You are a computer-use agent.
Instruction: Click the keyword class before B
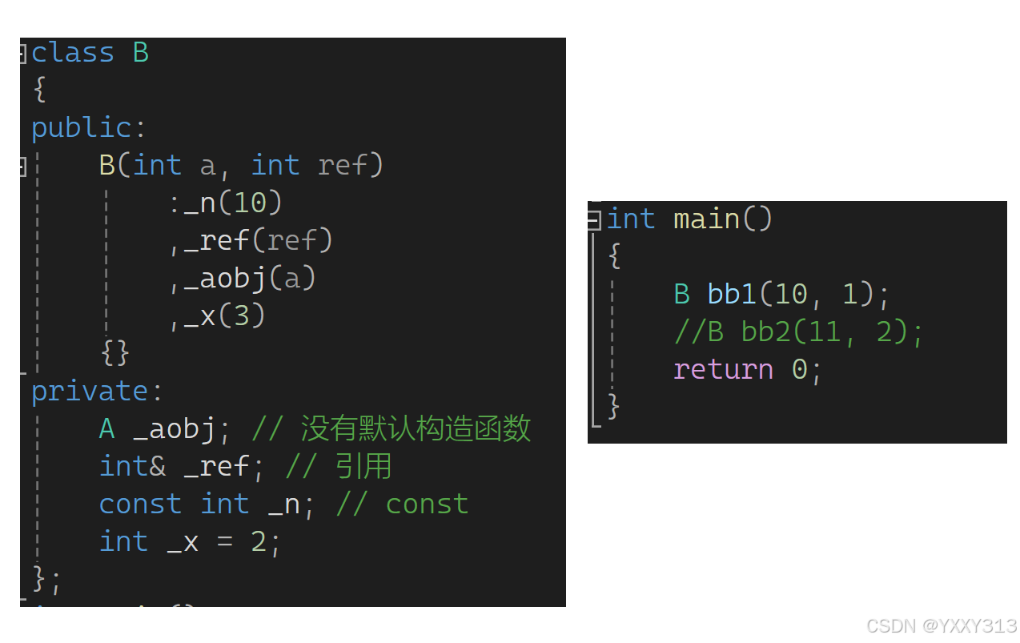(72, 53)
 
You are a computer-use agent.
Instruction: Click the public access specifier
(80, 128)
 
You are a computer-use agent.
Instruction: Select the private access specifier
(89, 392)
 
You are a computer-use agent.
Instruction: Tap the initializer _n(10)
(233, 203)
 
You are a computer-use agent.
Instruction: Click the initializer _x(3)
(224, 315)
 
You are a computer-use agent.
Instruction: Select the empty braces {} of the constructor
(115, 352)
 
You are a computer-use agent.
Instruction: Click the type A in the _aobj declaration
(106, 429)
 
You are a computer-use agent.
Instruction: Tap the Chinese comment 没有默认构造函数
(416, 429)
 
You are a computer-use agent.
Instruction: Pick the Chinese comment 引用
(363, 467)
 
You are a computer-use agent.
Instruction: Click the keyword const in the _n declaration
(140, 504)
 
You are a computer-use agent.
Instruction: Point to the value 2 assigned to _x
(258, 542)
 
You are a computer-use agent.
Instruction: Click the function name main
(706, 219)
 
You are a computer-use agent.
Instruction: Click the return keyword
(723, 369)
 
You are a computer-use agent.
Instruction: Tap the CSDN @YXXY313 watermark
(942, 625)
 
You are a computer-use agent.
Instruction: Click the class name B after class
(140, 53)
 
